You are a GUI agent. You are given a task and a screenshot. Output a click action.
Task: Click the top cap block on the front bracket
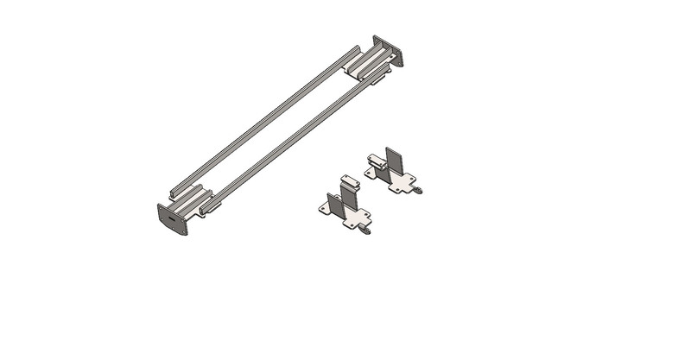[x=347, y=179]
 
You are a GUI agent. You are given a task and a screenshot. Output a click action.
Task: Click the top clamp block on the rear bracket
[x=377, y=159]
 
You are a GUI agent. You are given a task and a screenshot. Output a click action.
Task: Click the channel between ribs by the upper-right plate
[x=371, y=61]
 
